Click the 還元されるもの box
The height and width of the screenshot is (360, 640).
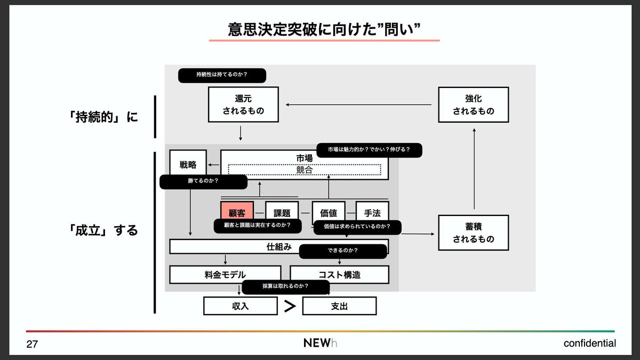coord(243,105)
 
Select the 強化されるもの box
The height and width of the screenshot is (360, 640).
coord(473,105)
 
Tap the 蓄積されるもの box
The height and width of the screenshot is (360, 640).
coord(473,233)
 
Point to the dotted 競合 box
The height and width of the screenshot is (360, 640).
coord(305,170)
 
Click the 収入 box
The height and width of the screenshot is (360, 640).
coord(241,306)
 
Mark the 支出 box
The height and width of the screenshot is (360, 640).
coord(339,306)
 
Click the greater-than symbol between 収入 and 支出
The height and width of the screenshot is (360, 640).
coord(290,306)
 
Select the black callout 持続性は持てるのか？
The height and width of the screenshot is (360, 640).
coord(222,75)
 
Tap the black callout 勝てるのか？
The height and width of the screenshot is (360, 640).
coord(203,182)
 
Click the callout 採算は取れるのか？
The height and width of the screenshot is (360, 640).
coord(286,287)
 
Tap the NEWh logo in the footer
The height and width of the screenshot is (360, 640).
coord(320,343)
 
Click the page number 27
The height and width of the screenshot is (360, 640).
coord(32,345)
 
